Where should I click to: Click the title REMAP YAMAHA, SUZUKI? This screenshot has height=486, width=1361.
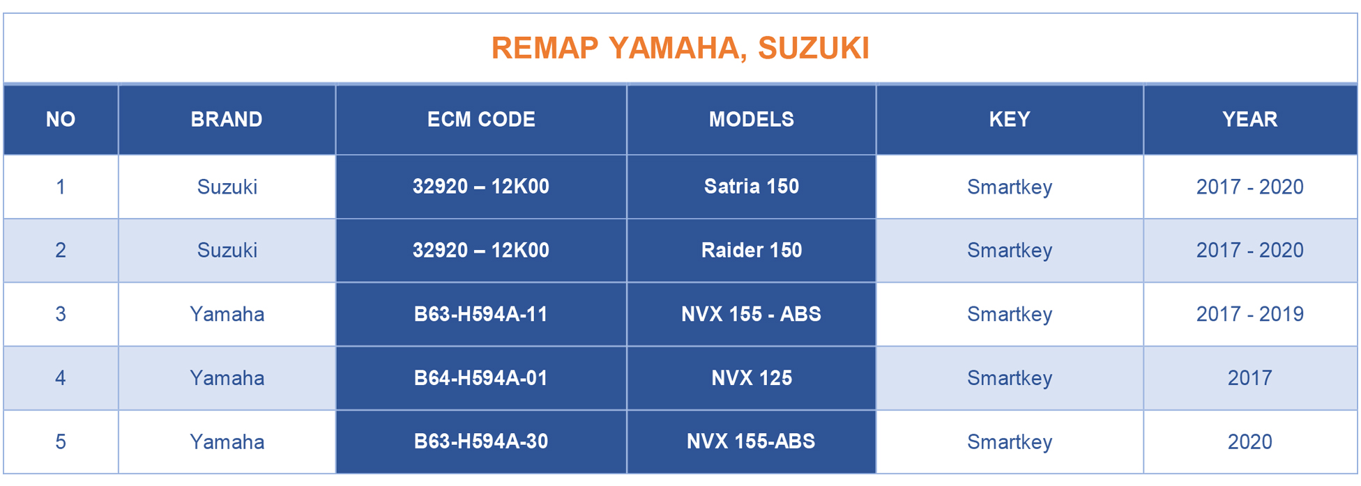click(x=680, y=48)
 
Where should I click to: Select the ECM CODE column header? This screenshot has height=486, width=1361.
click(x=481, y=119)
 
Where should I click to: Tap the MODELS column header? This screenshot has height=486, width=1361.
click(x=751, y=119)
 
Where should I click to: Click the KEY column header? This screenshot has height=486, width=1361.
click(x=1009, y=119)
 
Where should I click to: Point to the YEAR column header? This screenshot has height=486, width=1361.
click(x=1249, y=119)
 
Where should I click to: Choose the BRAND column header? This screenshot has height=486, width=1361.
click(x=227, y=119)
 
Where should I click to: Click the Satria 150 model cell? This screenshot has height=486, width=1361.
click(x=751, y=186)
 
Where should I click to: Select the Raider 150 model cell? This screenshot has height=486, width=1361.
click(x=751, y=250)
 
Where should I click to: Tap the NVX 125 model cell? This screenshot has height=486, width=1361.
click(x=751, y=377)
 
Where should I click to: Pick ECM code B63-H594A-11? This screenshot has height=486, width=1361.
click(x=481, y=314)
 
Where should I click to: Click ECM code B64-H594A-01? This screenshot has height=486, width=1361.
click(x=481, y=377)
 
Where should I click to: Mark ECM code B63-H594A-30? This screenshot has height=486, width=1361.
click(x=481, y=441)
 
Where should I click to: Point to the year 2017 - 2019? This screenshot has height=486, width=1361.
click(x=1249, y=314)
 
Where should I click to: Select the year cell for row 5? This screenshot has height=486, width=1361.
click(x=1249, y=441)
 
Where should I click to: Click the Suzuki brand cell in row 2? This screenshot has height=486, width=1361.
click(x=227, y=250)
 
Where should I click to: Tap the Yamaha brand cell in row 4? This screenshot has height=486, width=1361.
click(x=227, y=377)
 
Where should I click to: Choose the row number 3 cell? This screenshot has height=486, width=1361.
click(x=61, y=314)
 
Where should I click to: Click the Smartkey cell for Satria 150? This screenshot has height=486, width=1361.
click(x=1009, y=187)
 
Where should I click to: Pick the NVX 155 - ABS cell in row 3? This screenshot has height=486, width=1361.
click(x=751, y=314)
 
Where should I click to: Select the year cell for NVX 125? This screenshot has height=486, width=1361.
click(x=1249, y=377)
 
